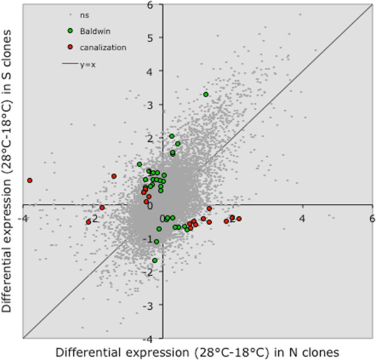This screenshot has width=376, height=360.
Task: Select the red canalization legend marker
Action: pyautogui.click(x=70, y=47)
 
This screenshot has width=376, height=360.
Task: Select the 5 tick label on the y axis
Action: pyautogui.click(x=168, y=37)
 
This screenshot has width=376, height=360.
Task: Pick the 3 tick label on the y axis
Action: pyautogui.click(x=168, y=104)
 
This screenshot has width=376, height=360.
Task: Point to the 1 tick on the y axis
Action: pyautogui.click(x=168, y=171)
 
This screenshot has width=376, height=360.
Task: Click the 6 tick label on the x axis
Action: pyautogui.click(x=371, y=218)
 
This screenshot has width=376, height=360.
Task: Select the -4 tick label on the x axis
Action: pyautogui.click(x=24, y=218)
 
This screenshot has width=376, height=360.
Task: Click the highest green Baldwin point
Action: pyautogui.click(x=206, y=95)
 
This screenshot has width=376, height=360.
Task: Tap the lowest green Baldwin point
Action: pyautogui.click(x=155, y=260)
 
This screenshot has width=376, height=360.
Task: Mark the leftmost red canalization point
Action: pyautogui.click(x=29, y=181)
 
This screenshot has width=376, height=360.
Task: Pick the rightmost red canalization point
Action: pyautogui.click(x=239, y=219)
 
